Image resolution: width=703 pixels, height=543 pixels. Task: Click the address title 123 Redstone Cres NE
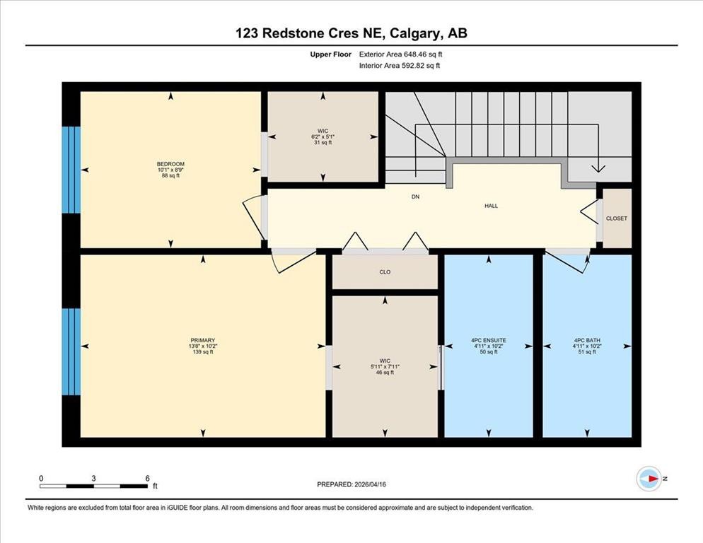[x=351, y=33]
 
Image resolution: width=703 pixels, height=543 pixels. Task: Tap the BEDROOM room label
[x=170, y=164]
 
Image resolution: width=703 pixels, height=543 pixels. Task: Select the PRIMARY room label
[x=202, y=340]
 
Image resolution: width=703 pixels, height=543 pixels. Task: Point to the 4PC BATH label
[x=586, y=340]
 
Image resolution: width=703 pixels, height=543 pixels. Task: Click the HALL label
[x=491, y=206]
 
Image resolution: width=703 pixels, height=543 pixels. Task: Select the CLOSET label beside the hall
[x=617, y=218]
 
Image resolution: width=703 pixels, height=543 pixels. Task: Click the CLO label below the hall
[x=385, y=271]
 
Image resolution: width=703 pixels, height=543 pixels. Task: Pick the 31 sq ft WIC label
[x=323, y=131]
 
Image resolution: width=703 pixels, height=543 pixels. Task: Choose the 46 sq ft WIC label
[x=385, y=366]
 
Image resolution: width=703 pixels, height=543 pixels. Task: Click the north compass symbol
[x=649, y=479]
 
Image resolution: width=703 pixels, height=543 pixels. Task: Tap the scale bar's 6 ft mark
[x=147, y=479]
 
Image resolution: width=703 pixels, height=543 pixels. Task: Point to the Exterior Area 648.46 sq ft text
[x=402, y=54]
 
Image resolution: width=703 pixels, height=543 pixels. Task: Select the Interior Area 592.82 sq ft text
[x=400, y=66]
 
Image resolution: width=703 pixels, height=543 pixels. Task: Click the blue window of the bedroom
[x=71, y=170]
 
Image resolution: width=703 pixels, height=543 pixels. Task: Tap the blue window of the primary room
[x=71, y=351]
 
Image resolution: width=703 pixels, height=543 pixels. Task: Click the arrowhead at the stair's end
[x=598, y=168]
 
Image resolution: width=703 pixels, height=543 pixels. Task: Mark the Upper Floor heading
[x=330, y=54]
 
